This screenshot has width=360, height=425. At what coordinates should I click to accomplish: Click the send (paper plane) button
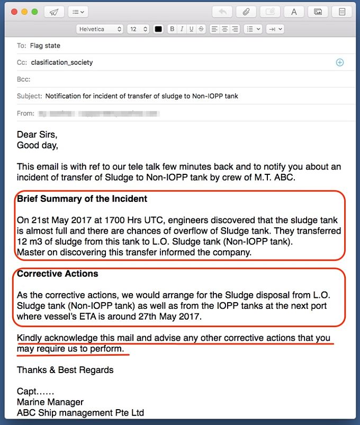(53, 12)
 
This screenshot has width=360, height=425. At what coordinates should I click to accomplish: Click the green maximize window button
(34, 12)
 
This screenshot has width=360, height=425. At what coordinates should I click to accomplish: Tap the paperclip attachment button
(246, 12)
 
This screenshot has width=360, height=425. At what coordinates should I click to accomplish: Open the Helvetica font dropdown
(100, 29)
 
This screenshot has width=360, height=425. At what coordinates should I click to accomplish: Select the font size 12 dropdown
(138, 29)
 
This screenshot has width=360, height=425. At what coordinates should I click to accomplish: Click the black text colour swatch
(158, 29)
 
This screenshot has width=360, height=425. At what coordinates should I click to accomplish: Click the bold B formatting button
(172, 29)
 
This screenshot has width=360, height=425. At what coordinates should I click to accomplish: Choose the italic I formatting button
(182, 29)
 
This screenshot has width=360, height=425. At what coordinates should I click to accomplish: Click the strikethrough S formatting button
(201, 29)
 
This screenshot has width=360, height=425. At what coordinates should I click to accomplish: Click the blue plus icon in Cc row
(340, 63)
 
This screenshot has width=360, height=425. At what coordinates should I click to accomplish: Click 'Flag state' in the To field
(45, 46)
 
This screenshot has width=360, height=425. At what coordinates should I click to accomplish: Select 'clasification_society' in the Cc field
(62, 63)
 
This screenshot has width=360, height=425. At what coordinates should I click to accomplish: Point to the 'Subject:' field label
(29, 96)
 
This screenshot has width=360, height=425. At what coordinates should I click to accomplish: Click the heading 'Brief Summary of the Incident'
(82, 199)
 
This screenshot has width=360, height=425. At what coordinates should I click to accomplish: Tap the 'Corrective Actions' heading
(58, 274)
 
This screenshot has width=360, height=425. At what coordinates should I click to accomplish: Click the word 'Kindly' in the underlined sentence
(30, 338)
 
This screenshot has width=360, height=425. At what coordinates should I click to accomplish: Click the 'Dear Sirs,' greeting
(37, 135)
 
